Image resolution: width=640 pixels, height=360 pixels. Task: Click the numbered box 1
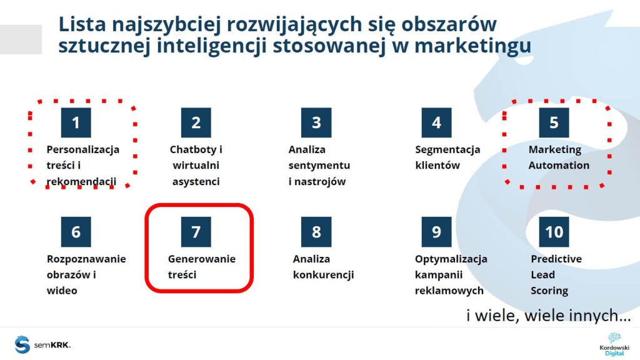point(76,122)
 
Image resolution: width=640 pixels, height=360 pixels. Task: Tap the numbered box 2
point(196,122)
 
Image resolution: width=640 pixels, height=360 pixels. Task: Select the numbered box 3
point(316,122)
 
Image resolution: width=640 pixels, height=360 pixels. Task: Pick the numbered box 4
point(436,122)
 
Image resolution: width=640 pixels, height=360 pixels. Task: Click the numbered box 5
point(554,122)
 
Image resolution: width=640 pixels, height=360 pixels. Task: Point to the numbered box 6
point(76,232)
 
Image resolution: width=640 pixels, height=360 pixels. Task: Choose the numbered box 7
point(196,232)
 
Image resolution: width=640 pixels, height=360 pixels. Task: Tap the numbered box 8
point(316,232)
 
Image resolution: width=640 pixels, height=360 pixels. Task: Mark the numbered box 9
point(436,232)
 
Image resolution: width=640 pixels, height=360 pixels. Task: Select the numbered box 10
point(554,232)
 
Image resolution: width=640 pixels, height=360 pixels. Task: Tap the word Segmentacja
point(447,150)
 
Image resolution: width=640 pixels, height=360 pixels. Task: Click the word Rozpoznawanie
point(86,259)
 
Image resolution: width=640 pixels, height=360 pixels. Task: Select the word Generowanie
point(202,259)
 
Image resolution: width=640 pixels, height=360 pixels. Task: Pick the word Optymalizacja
point(451,259)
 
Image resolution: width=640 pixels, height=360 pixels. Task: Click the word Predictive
point(556,259)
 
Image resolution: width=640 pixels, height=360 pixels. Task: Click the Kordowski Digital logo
point(606,344)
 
